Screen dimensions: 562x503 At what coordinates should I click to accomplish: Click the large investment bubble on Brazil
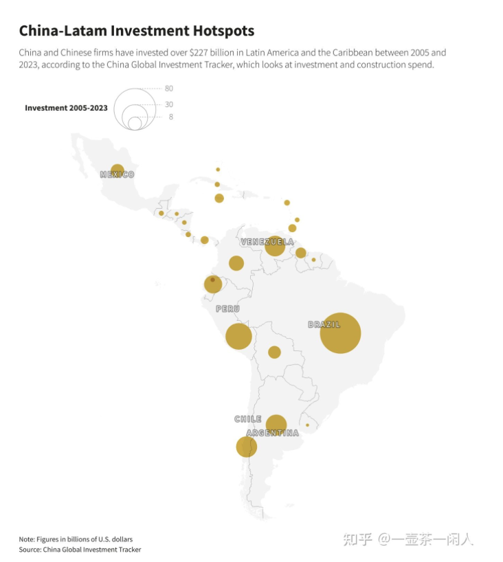(x=340, y=333)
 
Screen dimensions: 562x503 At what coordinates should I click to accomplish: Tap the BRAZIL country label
(x=324, y=324)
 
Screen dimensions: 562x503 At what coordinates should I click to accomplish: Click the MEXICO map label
(x=117, y=175)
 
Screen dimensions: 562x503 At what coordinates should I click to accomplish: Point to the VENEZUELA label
(x=267, y=242)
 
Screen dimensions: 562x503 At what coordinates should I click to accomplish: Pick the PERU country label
(x=227, y=309)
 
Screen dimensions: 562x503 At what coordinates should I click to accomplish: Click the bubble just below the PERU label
(x=238, y=336)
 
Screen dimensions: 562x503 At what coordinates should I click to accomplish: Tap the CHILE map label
(x=247, y=418)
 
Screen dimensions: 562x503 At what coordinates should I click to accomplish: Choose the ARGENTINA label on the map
(x=273, y=433)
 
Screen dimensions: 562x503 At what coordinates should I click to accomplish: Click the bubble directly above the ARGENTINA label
(x=276, y=425)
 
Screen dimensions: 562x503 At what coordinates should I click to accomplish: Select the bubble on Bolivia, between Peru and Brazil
(x=274, y=352)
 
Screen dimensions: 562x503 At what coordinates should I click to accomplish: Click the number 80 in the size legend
(x=168, y=89)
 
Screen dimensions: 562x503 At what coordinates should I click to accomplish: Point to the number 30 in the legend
(x=168, y=104)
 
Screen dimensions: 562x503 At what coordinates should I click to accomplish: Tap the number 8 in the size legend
(x=170, y=117)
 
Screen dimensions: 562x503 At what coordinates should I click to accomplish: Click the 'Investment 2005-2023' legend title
(x=66, y=108)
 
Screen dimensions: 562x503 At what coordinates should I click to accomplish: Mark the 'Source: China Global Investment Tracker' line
(x=80, y=549)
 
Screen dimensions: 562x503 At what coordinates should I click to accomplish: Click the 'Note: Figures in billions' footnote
(x=76, y=538)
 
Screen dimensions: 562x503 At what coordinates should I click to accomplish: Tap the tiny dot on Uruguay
(x=307, y=425)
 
